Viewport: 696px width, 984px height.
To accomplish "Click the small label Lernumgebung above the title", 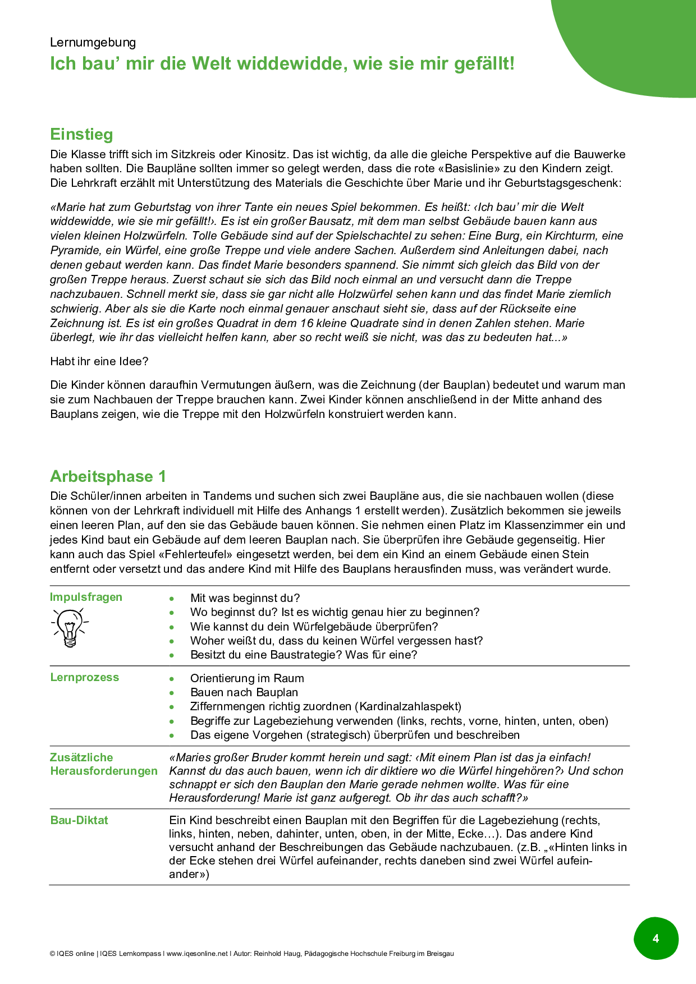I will point(93,43).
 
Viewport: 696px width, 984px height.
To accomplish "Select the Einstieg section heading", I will point(81,135).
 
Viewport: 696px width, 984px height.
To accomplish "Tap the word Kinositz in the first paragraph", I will point(266,154).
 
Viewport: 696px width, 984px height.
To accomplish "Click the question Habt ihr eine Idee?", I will point(99,361).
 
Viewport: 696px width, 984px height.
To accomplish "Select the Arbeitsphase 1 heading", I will point(108,476).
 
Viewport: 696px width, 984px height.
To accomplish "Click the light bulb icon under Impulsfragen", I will point(70,627).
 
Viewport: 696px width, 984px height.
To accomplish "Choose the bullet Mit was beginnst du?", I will point(245,598).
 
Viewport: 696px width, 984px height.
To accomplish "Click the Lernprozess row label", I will point(85,677).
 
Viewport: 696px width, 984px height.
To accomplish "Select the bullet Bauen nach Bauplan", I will point(244,692).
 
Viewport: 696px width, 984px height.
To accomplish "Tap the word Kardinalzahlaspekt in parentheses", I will point(409,706).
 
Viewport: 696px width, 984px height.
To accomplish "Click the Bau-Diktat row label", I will point(79,820).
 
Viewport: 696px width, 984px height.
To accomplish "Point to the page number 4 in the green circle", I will point(656,939).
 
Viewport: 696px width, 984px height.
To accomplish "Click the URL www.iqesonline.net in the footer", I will point(198,954).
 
